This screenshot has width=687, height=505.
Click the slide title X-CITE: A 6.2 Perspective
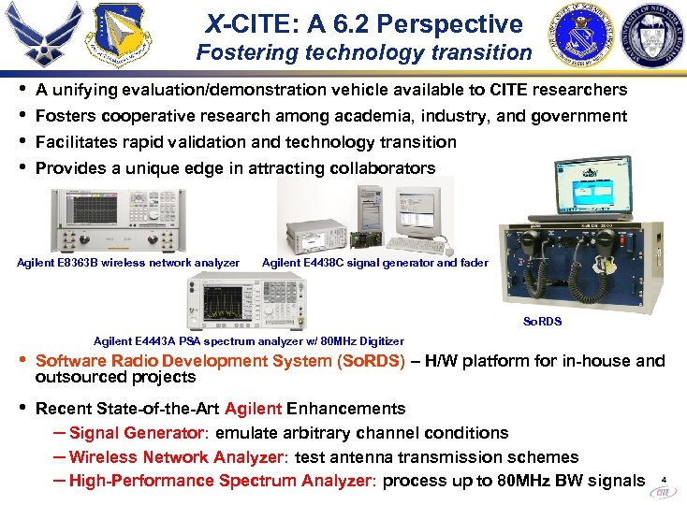[x=364, y=23]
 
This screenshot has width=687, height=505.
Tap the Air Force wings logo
[x=40, y=36]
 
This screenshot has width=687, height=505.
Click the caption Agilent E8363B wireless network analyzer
[x=128, y=263]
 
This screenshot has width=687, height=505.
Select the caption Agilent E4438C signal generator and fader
[x=374, y=263]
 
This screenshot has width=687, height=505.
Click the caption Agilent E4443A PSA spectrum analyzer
[x=249, y=341]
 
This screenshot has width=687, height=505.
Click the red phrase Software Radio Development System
[x=220, y=361]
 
